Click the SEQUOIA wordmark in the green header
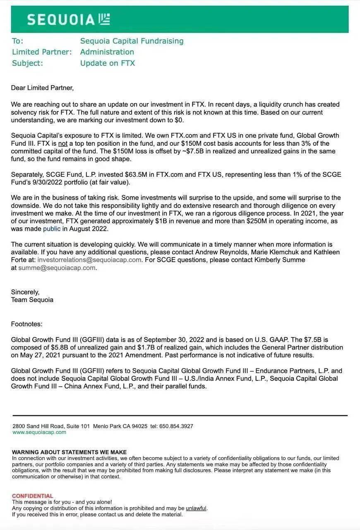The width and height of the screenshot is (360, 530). coord(61,19)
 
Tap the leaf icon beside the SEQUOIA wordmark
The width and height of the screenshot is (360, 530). coord(105,19)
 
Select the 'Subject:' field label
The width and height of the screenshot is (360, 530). coord(27,63)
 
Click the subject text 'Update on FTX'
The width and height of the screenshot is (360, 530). coord(108,63)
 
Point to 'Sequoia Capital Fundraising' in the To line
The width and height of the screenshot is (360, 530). coord(132,41)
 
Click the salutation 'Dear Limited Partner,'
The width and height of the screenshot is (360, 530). coord(42,88)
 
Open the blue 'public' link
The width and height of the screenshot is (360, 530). coord(52,229)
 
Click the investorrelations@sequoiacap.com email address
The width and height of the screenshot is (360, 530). coord(89,260)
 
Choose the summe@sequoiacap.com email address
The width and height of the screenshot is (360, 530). coord(57,268)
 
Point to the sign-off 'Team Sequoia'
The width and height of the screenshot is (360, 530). coord(32,300)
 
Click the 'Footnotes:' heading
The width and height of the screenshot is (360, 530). coord(27,324)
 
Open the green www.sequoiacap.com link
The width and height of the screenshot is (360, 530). coord(39,432)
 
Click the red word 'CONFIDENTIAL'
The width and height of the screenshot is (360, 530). coord(33,496)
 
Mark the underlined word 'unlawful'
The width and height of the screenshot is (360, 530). coord(196,508)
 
